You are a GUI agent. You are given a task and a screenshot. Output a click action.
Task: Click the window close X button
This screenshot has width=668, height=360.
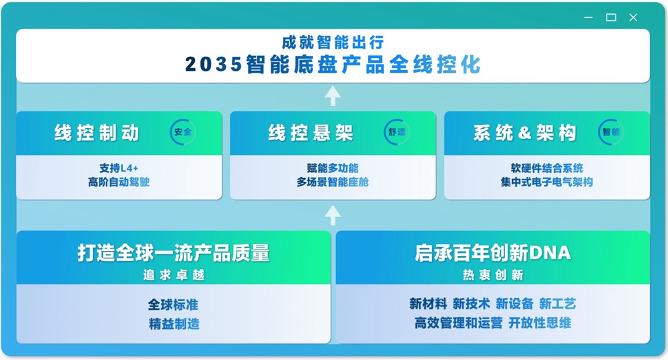coord(633,17)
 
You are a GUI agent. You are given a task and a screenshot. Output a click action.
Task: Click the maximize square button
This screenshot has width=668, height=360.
coord(611,17)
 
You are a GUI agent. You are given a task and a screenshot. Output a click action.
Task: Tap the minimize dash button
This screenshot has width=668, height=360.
coord(589,17)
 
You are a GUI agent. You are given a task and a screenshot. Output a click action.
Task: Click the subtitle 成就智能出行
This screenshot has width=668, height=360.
coord(333,43)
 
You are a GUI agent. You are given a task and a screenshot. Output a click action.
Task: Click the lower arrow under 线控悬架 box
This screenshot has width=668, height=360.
coord(333,214)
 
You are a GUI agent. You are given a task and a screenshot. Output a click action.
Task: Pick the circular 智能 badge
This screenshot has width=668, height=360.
coord(611,132)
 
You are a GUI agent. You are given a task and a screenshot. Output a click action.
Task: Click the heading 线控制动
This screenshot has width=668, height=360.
coord(97,133)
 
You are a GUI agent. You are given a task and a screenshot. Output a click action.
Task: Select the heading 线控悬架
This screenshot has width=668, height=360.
coord(311,133)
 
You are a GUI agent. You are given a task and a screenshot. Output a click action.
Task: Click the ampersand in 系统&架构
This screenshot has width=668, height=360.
coord(524,133)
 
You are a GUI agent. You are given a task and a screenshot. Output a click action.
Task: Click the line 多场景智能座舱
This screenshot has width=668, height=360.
coord(333,182)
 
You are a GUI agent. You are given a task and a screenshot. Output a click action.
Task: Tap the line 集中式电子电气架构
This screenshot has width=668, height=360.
coord(546,182)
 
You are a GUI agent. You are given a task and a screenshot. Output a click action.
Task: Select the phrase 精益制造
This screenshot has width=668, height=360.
coord(174,324)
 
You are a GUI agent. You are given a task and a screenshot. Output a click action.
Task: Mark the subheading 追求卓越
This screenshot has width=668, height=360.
coord(174,275)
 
